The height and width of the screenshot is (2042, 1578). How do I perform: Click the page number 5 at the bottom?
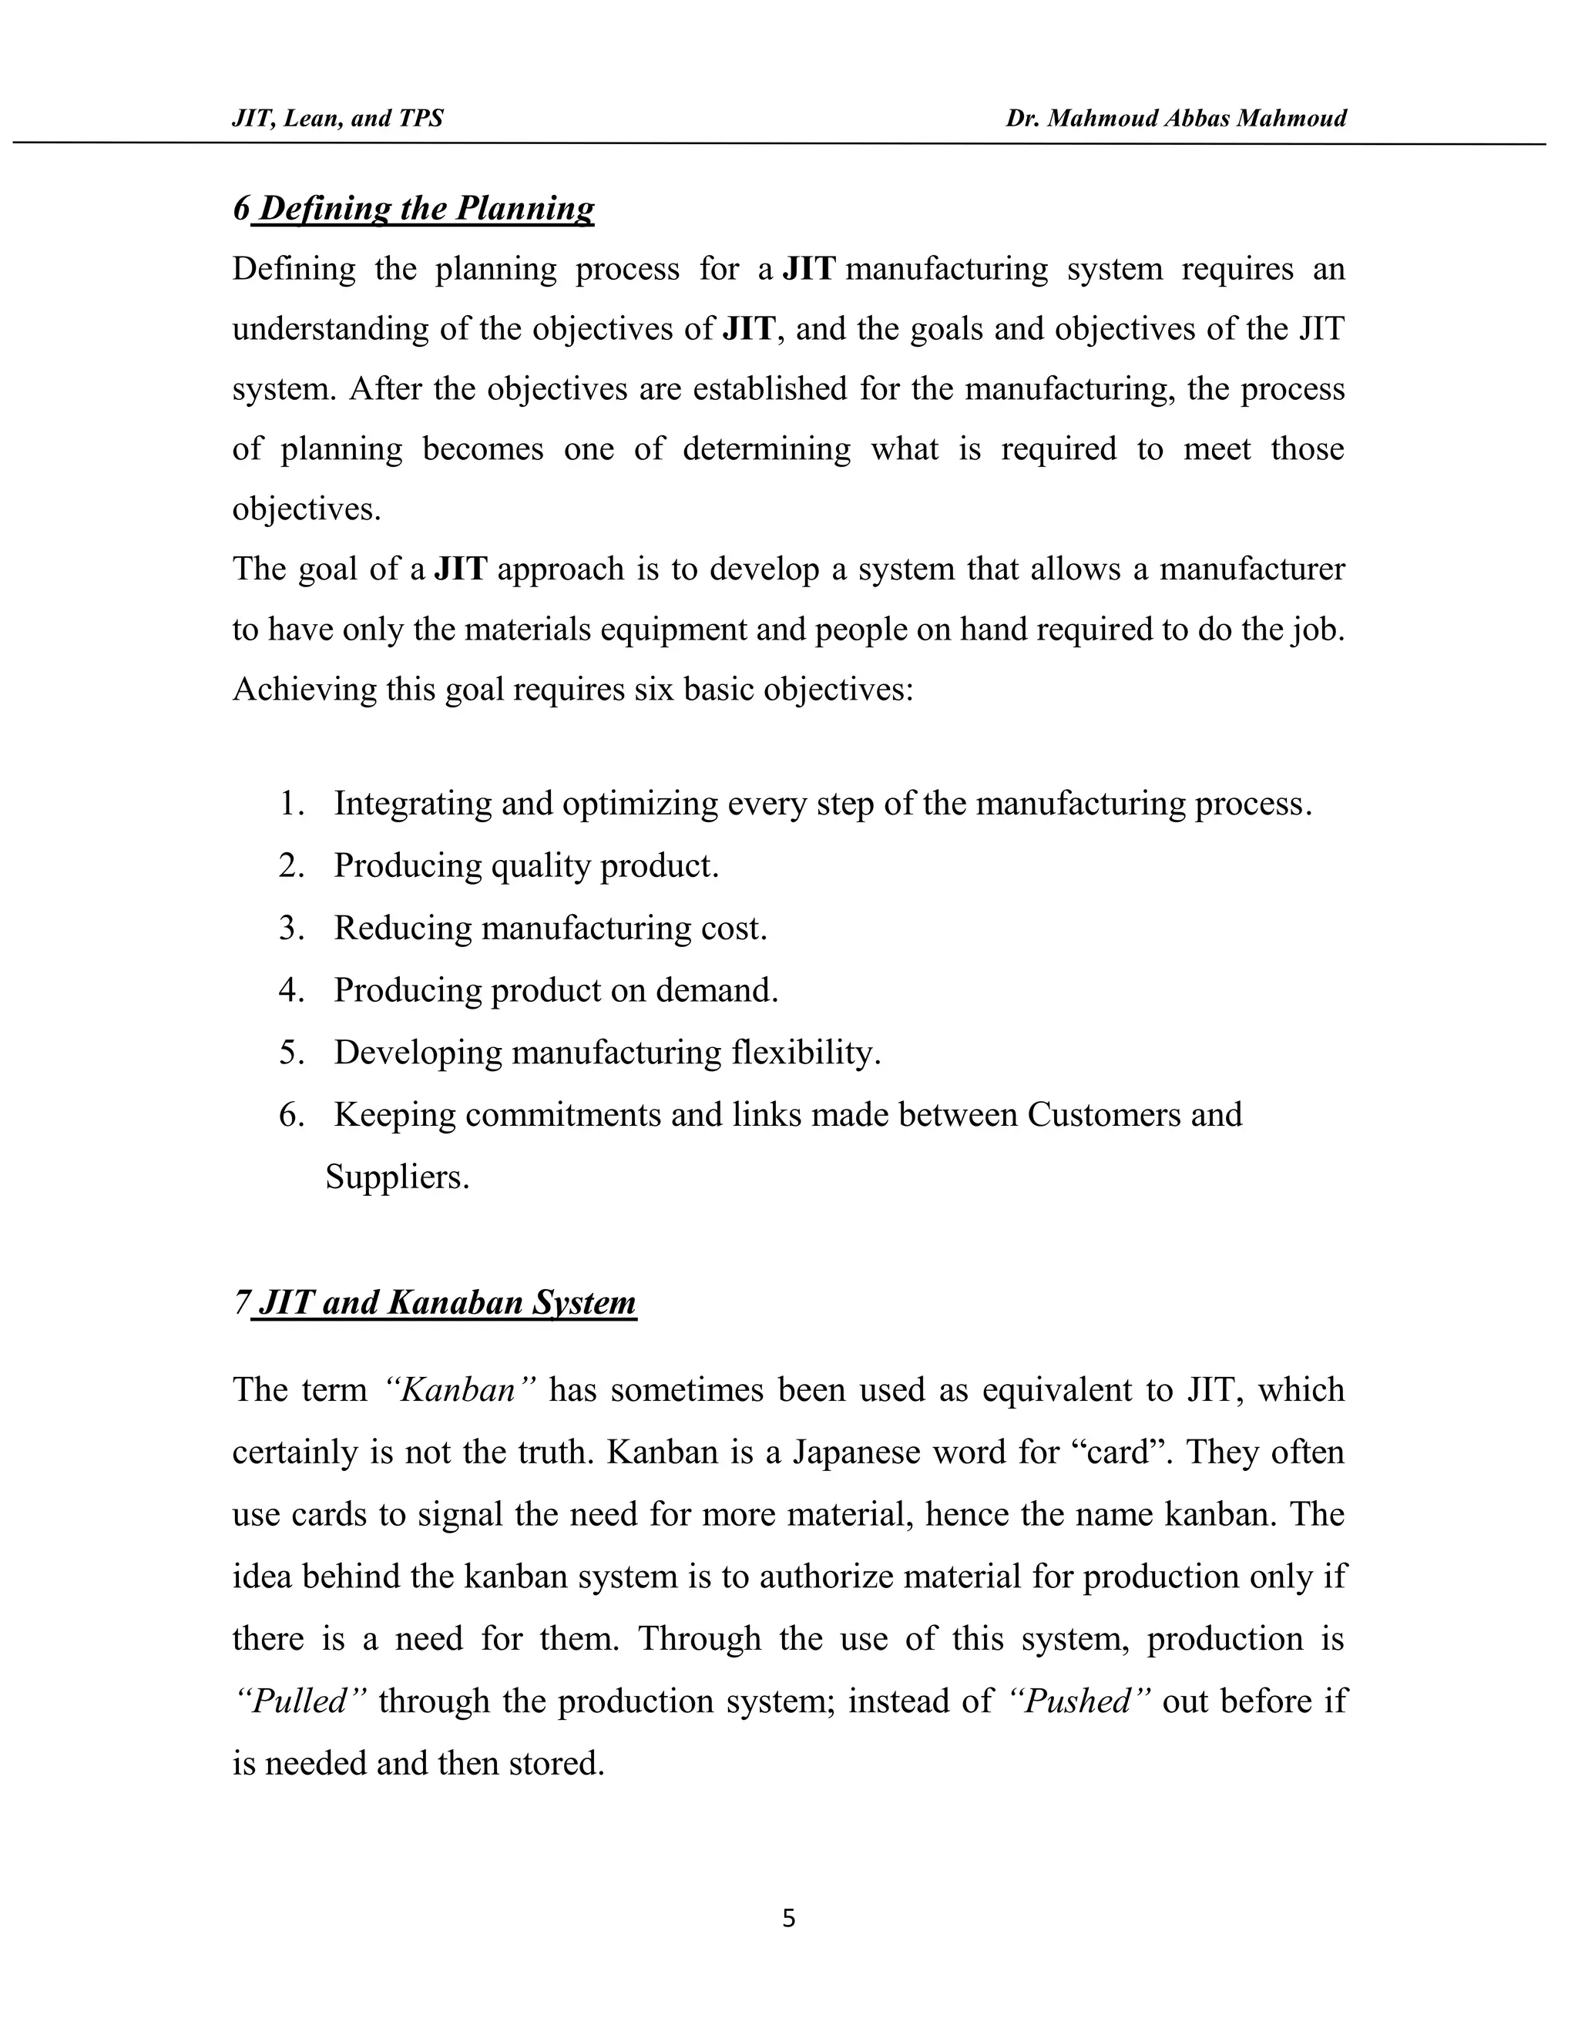788,1919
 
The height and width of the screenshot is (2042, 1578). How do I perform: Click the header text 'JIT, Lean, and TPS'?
337,118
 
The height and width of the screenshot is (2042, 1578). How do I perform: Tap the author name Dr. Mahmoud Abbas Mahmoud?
1176,118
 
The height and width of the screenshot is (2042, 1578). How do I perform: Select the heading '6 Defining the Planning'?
413,207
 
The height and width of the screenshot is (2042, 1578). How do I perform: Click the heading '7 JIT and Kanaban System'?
435,1302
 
